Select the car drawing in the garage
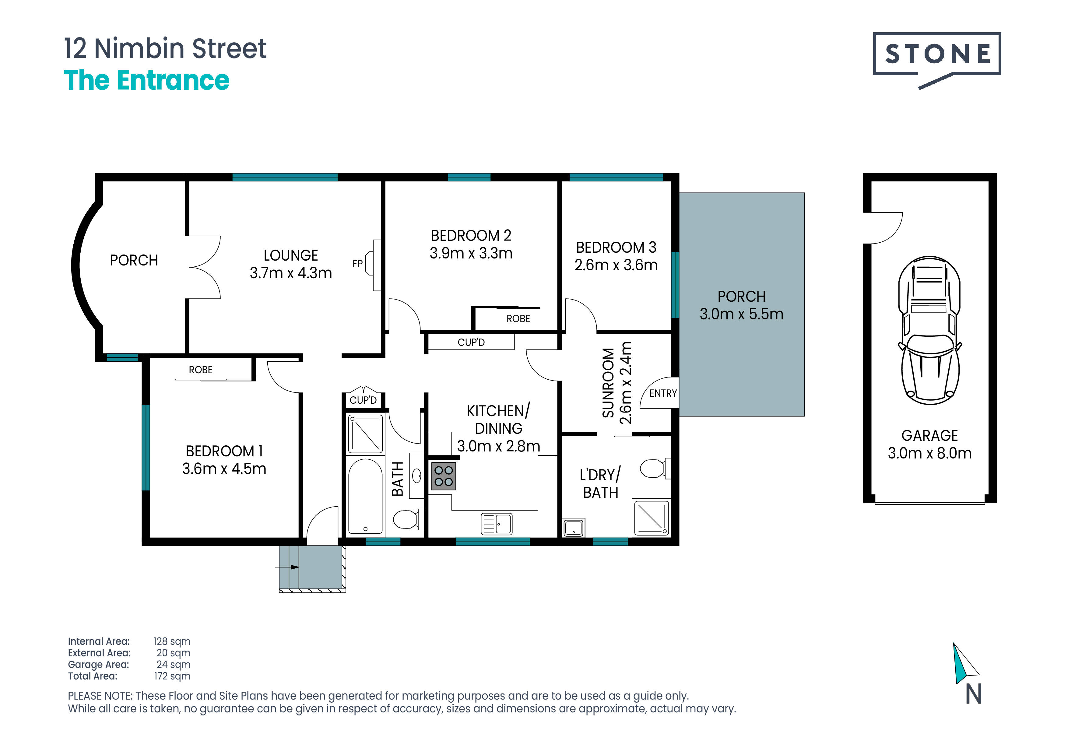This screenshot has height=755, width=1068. (929, 330)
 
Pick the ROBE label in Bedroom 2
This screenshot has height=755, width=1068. (518, 319)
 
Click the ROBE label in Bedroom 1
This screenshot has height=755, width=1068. (201, 370)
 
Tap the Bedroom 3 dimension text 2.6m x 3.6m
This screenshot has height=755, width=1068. (616, 265)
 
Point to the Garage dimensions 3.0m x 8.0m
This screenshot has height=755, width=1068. (929, 453)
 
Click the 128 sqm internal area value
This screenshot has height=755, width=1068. (172, 641)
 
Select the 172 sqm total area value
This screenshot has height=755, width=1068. (172, 676)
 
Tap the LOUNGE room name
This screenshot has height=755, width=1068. (291, 255)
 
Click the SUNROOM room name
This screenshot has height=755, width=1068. (608, 383)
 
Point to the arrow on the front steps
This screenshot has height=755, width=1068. (287, 567)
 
